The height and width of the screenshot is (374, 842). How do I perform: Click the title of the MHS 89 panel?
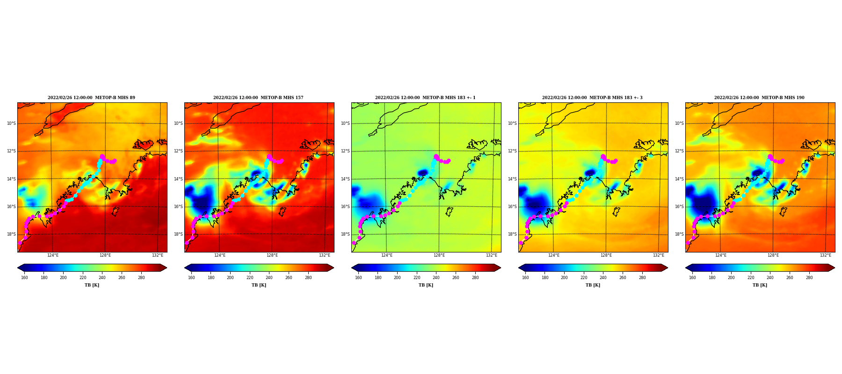coord(91,98)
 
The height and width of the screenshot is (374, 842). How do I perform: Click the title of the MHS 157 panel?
coord(258,98)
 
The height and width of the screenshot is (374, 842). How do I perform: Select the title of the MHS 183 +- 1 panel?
coord(425,98)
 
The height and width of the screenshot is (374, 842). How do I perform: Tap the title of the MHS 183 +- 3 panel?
coord(592,98)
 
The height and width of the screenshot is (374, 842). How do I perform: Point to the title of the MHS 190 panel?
coord(759,98)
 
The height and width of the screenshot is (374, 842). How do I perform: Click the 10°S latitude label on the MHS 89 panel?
coord(11,123)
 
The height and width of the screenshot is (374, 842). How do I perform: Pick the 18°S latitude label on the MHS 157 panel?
coord(178,234)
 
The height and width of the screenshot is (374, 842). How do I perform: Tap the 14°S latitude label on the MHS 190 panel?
coord(679,179)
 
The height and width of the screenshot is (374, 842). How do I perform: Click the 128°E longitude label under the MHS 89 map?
coord(105,255)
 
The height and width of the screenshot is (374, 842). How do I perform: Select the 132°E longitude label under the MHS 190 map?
coord(826,255)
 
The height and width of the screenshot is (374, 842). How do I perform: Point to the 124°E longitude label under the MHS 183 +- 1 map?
coord(387,255)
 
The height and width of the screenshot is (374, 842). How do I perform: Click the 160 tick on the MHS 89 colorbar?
coord(24,278)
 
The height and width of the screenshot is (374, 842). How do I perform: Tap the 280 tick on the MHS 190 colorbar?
coord(809,278)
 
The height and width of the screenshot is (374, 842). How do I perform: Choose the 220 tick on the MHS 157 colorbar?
coord(250,278)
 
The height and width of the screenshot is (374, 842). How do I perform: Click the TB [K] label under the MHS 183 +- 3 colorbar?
coord(593,285)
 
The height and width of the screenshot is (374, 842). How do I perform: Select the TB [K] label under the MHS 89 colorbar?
coord(92,285)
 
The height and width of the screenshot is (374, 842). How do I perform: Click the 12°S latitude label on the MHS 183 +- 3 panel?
coord(512,151)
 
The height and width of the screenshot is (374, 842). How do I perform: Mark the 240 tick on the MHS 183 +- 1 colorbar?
coord(436,278)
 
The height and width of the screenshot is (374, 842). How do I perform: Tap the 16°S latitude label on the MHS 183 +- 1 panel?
coord(345,207)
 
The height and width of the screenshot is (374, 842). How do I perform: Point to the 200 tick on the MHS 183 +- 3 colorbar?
coord(564,278)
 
